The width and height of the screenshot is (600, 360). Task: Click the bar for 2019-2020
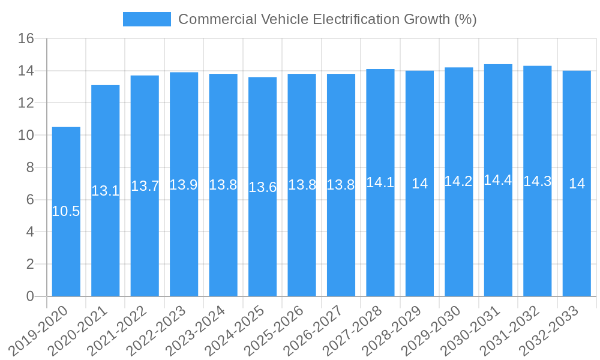(x=66, y=211)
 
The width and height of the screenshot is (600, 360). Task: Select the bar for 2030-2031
(x=498, y=180)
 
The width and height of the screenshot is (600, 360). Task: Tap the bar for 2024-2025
(x=262, y=187)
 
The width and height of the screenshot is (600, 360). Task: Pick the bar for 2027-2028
(x=380, y=182)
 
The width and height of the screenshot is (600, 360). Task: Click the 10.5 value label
(x=66, y=211)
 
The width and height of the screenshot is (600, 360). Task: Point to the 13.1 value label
(x=105, y=191)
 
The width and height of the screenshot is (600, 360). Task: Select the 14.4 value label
(x=498, y=180)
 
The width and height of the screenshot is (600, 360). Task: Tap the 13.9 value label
(x=184, y=185)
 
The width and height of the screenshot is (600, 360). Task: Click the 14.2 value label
(x=458, y=181)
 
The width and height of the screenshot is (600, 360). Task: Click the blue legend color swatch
(x=146, y=19)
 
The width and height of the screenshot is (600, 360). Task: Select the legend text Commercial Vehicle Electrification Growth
(x=327, y=19)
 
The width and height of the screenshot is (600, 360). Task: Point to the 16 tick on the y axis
(x=26, y=39)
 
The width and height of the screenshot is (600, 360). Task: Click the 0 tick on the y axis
(x=30, y=296)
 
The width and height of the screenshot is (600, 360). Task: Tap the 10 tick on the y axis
(x=26, y=136)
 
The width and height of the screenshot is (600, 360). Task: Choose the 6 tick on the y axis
(x=30, y=200)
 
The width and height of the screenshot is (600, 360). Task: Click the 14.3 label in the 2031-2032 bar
(x=537, y=181)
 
